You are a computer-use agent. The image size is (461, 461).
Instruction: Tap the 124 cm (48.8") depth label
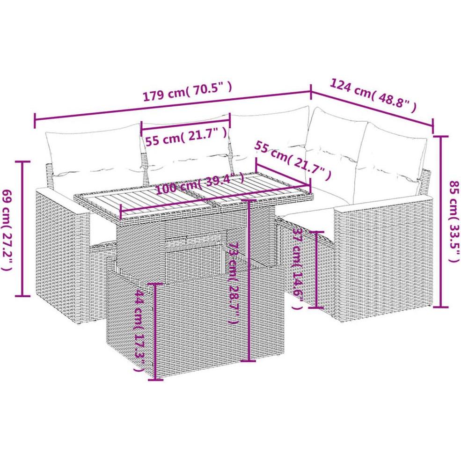(x=373, y=96)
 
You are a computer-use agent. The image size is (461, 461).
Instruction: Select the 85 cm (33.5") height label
(x=453, y=221)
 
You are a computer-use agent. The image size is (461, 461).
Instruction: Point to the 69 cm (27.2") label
(x=7, y=229)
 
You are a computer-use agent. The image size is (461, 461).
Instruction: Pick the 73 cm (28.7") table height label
(x=232, y=283)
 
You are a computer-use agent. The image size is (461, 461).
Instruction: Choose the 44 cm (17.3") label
(x=139, y=330)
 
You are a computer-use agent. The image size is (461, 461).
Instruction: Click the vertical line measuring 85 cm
(x=441, y=221)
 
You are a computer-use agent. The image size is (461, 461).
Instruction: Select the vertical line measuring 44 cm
(x=155, y=331)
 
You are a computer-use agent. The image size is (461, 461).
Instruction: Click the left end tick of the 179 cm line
(x=35, y=120)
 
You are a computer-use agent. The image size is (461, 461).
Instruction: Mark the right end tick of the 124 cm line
(x=433, y=125)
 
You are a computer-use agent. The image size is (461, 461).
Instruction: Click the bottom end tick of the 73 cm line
(x=249, y=361)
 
